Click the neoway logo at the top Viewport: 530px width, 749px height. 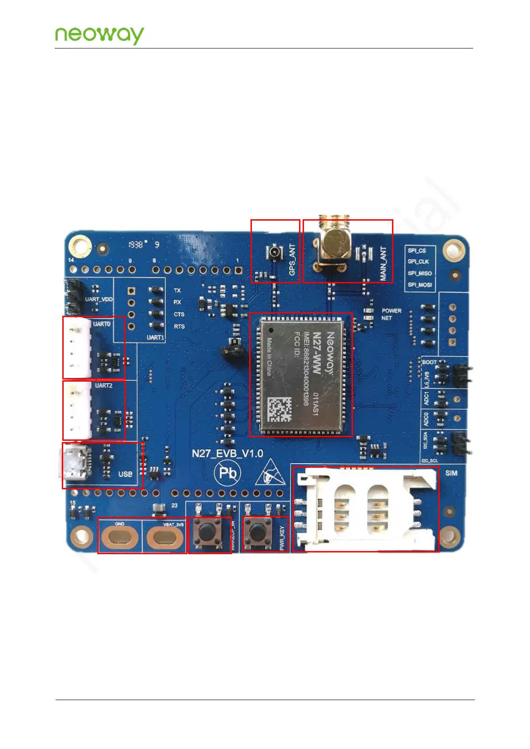click(x=99, y=35)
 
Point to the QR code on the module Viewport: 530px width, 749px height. click(x=279, y=410)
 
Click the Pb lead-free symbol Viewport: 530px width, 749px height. click(x=227, y=473)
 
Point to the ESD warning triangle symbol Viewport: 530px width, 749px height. click(x=270, y=473)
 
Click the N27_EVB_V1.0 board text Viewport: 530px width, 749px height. click(x=227, y=454)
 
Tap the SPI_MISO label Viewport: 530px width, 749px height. click(x=420, y=273)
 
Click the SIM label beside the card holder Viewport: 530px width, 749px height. click(x=451, y=473)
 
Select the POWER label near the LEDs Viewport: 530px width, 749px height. click(x=391, y=310)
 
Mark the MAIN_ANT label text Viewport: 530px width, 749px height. click(x=383, y=264)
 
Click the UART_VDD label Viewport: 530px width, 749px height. click(x=99, y=299)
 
